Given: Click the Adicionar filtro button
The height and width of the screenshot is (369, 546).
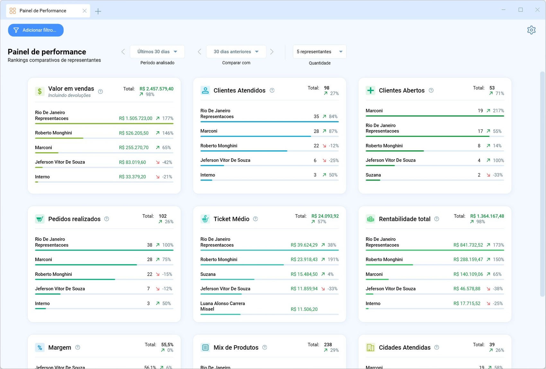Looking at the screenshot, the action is tap(36, 30).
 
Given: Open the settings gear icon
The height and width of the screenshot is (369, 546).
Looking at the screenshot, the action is tap(531, 30).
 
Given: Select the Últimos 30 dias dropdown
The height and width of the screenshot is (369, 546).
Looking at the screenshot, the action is tap(157, 52).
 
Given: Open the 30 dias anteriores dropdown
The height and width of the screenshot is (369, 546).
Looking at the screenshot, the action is tap(236, 52).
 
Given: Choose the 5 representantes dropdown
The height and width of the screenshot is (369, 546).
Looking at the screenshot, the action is tap(320, 52).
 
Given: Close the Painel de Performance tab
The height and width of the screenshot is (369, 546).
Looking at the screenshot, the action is tap(84, 11).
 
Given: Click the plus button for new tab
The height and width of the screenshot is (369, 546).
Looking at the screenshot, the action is tap(98, 11).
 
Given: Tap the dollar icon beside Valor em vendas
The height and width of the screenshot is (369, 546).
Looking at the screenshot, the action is tap(40, 92).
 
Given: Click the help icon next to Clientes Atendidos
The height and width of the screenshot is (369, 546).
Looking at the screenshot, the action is tap(272, 91).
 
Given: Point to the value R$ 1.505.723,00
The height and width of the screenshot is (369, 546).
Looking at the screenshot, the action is tap(136, 119).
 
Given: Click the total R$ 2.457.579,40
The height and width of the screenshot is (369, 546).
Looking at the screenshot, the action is tap(156, 89).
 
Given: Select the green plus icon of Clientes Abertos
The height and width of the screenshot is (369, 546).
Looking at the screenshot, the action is tap(371, 91).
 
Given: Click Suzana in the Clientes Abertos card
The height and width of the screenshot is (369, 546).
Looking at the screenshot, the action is tap(373, 175).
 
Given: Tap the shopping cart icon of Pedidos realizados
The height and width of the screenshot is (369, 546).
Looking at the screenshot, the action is tap(40, 219).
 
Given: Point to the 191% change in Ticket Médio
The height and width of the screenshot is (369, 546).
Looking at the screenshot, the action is tap(333, 259).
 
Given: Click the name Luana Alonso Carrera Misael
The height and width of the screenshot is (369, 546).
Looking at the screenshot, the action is tap(223, 306).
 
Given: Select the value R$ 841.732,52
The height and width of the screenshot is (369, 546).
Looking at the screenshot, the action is tap(468, 245).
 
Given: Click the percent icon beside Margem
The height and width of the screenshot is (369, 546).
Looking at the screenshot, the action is tap(40, 347).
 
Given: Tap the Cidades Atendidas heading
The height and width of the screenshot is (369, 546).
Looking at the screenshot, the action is tap(405, 347).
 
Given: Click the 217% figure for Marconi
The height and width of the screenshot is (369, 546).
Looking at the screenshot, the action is tap(498, 111).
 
